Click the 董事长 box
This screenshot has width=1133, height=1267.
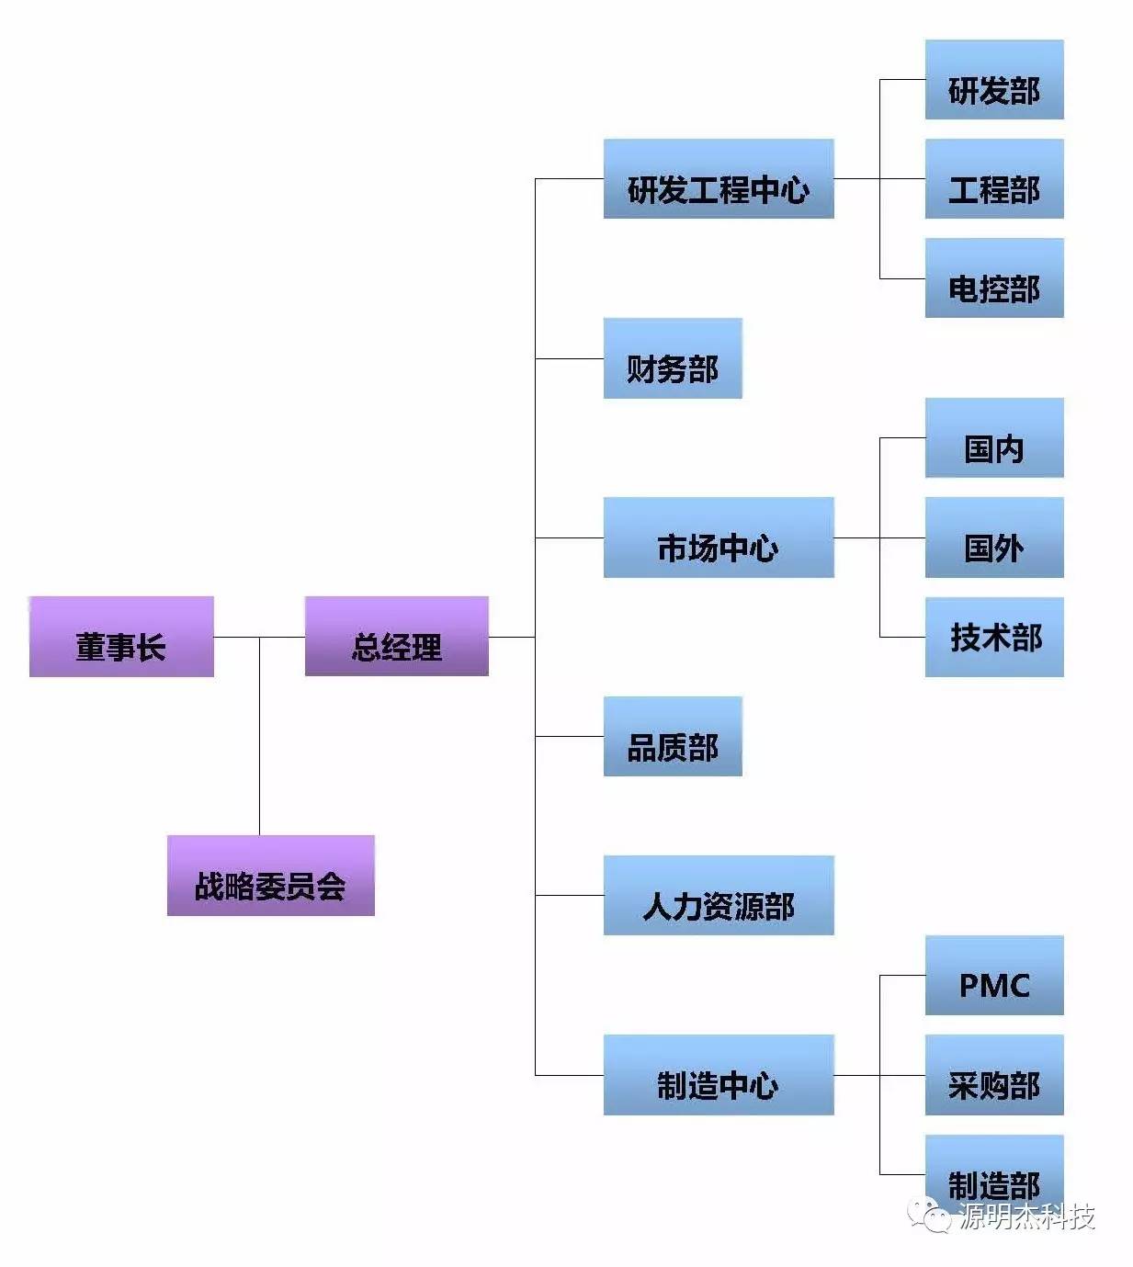click(121, 637)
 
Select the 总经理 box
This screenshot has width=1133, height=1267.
click(396, 637)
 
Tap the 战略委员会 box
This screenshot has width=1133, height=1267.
click(270, 876)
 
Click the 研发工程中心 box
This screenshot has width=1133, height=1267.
click(718, 179)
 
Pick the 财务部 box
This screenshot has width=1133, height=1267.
click(672, 358)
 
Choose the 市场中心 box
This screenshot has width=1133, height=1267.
click(718, 537)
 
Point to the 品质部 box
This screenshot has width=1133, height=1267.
click(672, 736)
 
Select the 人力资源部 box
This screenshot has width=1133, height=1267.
click(718, 896)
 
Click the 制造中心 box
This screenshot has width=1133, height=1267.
click(718, 1075)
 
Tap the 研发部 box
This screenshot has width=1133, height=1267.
click(993, 80)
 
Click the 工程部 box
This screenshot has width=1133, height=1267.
click(993, 179)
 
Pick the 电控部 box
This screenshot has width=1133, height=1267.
click(993, 278)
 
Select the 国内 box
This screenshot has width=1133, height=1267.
click(993, 438)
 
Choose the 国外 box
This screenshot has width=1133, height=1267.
click(993, 537)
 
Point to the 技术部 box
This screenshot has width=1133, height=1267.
click(993, 638)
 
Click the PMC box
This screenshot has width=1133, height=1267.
click(993, 976)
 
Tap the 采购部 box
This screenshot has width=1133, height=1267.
click(993, 1075)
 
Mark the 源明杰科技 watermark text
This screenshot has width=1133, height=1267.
click(1027, 1216)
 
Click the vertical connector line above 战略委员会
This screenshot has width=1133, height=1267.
click(259, 735)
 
